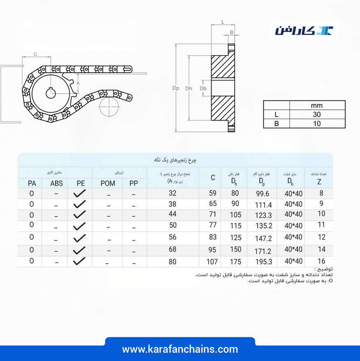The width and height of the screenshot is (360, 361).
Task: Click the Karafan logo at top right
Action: (304, 31)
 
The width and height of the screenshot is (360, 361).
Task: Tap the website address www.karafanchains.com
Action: (180, 349)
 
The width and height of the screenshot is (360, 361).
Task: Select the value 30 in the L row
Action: (317, 115)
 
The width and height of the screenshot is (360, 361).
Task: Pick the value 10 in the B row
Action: (317, 124)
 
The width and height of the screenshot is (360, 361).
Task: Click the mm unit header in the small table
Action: (317, 106)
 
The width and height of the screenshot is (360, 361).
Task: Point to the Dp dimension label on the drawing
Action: (175, 88)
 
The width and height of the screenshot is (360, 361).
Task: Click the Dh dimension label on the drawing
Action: (189, 88)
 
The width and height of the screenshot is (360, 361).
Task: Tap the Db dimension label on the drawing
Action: (203, 88)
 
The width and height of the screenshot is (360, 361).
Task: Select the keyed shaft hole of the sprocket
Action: (51, 93)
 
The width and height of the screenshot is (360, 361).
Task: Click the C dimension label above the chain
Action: (35, 54)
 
